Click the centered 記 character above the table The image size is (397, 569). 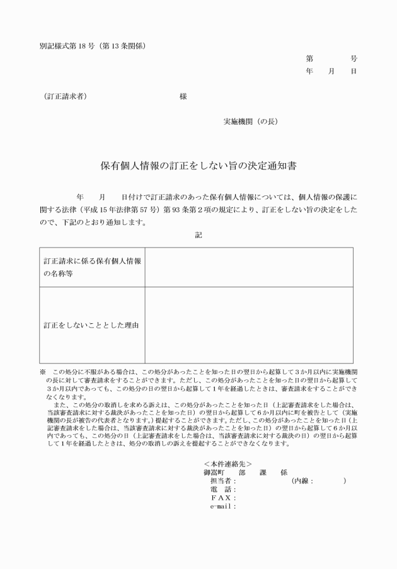198,234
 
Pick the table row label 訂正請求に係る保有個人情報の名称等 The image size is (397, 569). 92,267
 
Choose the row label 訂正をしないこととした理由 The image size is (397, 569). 91,326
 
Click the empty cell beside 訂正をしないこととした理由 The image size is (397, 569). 248,325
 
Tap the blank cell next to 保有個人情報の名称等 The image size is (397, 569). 248,267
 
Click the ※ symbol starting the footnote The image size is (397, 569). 42,372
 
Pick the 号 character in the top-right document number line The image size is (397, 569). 354,58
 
